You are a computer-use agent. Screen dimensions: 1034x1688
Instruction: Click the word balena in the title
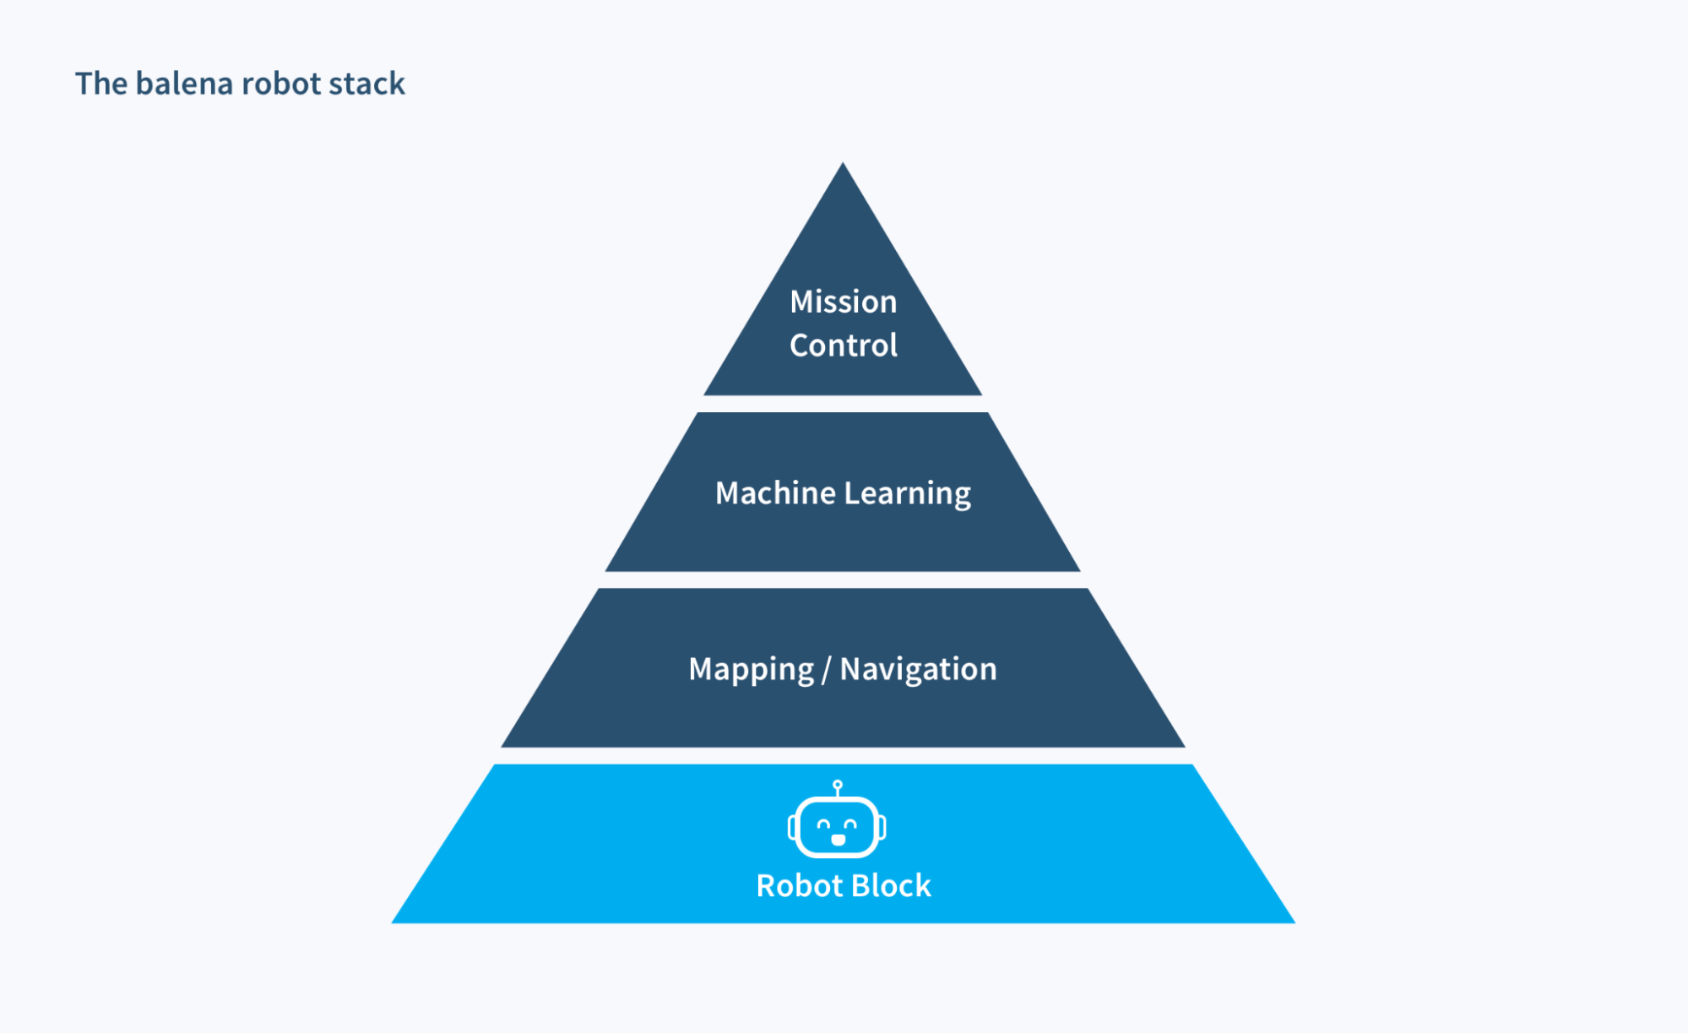[x=184, y=84]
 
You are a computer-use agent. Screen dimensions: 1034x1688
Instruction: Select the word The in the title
[x=101, y=84]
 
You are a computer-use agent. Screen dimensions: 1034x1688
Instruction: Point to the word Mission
[x=843, y=302]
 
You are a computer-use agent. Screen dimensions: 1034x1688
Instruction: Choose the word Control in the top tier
[x=843, y=346]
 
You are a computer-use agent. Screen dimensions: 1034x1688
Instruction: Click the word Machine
[x=775, y=493]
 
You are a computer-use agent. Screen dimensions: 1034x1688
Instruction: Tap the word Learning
[x=908, y=493]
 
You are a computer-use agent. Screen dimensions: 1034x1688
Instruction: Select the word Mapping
[x=751, y=669]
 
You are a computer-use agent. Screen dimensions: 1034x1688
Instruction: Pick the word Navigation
[x=918, y=669]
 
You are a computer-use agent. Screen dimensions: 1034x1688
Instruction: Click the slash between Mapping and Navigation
[x=826, y=670]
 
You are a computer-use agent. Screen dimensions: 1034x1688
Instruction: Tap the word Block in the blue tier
[x=891, y=885]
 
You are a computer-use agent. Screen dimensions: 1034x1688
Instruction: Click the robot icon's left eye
[x=823, y=824]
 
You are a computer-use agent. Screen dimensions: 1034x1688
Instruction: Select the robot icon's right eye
[x=850, y=824]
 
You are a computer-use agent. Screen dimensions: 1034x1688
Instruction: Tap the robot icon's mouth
[x=838, y=840]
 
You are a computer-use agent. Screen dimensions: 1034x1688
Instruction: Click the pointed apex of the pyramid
[x=842, y=166]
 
